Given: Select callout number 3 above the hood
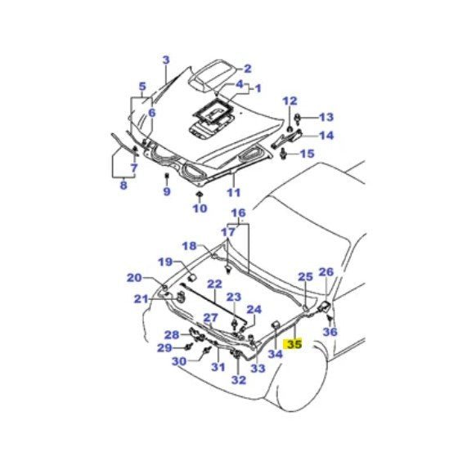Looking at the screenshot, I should click(166, 60).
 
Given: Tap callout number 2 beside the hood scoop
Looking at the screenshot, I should click(247, 69).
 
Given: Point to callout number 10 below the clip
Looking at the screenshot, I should click(200, 208).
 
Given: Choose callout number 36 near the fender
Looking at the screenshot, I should click(330, 332).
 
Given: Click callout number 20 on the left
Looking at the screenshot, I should click(134, 278).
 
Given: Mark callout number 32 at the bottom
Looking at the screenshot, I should click(239, 379).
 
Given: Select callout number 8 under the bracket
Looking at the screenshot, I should click(123, 186).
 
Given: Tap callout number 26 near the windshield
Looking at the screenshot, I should click(326, 272).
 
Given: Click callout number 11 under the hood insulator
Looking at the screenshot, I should click(234, 193).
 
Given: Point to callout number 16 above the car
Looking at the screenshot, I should click(237, 213).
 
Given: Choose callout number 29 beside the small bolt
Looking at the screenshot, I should click(164, 348).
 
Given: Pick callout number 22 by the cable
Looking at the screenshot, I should click(214, 284).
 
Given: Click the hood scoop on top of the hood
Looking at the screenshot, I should click(214, 70).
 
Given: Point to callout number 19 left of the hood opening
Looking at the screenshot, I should click(165, 262).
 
